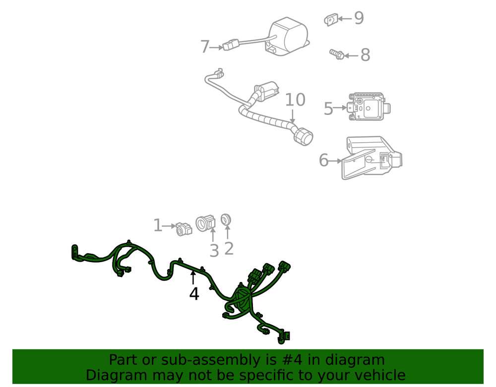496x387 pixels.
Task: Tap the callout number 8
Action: click(x=365, y=55)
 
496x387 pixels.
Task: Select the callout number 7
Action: click(x=205, y=47)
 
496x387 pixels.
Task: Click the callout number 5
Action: click(x=328, y=109)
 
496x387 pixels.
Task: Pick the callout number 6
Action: click(x=324, y=160)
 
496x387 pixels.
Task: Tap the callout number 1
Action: click(x=158, y=226)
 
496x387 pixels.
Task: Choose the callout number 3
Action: click(x=214, y=251)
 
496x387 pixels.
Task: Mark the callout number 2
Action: click(x=229, y=248)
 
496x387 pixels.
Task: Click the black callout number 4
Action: click(x=194, y=294)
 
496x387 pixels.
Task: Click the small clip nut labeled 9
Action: click(x=330, y=20)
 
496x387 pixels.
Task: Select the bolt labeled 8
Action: click(x=336, y=54)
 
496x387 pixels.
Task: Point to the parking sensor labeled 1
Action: click(x=184, y=228)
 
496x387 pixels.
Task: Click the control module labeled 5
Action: click(x=368, y=106)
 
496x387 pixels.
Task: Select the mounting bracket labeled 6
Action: click(x=372, y=156)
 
